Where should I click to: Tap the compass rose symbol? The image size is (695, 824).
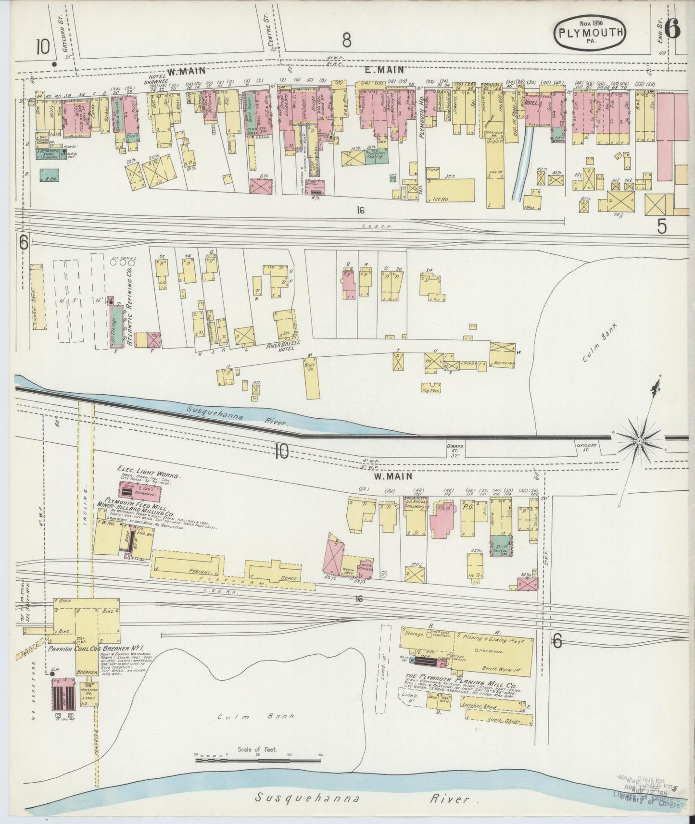point(639,440)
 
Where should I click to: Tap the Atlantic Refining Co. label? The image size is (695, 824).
point(129,306)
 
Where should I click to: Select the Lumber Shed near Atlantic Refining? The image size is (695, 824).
point(36,304)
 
